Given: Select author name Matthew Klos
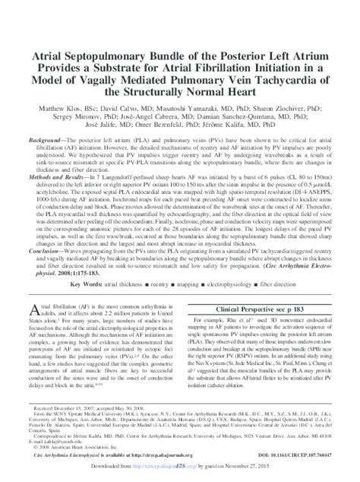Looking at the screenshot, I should tap(72, 111).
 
